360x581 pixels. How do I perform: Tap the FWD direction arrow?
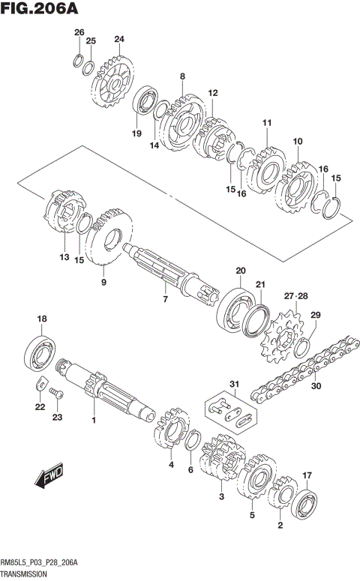coord(51,475)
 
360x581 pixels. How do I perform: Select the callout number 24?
coord(119,39)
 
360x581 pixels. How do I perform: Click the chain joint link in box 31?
coord(228,411)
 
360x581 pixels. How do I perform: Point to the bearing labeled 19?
coord(144,103)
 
